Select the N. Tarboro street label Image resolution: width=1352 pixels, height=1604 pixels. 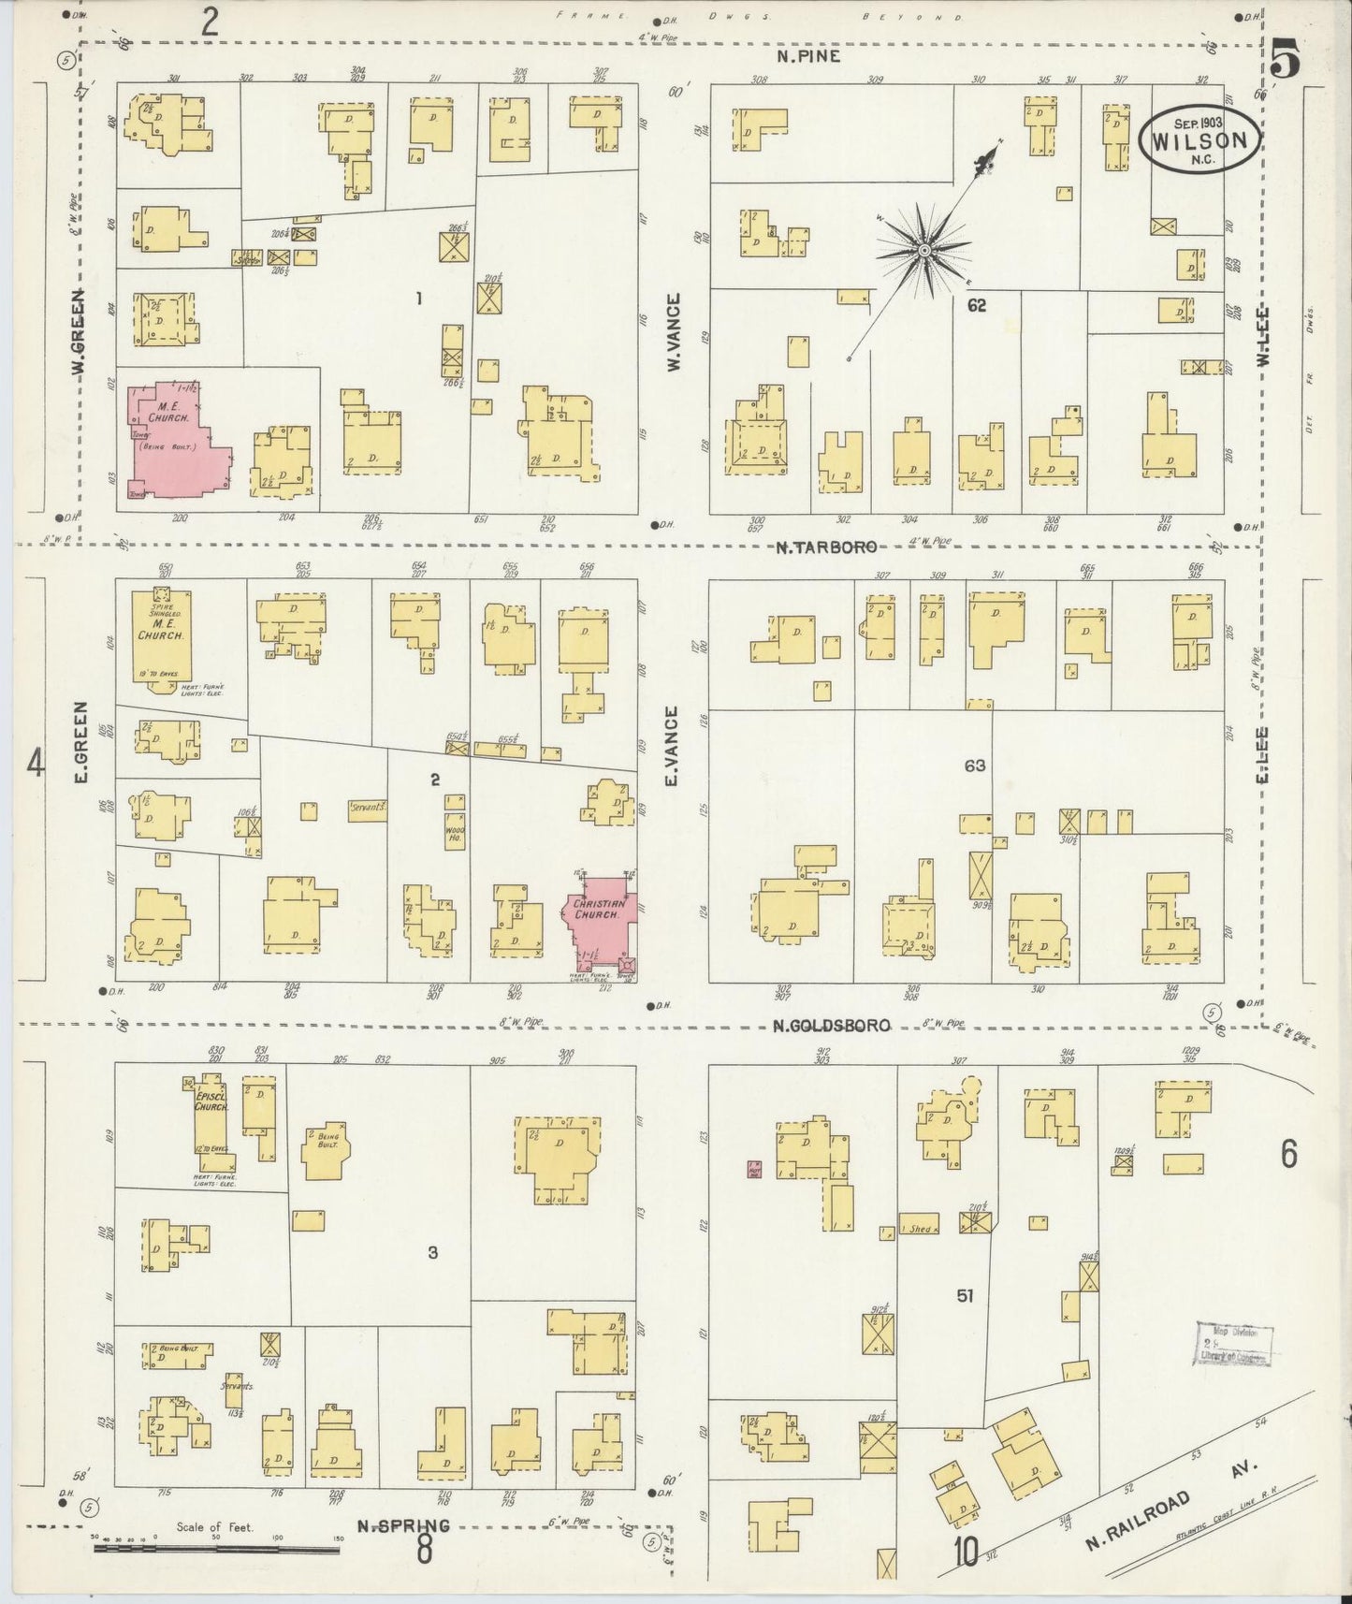click(825, 547)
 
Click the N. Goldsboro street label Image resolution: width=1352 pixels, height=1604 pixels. click(831, 1026)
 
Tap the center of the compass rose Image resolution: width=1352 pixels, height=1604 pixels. click(923, 250)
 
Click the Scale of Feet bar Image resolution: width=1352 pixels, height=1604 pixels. click(215, 1549)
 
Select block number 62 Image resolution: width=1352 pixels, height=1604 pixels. click(977, 306)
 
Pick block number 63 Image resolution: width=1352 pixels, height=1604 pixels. click(975, 766)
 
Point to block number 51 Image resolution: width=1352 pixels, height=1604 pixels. click(965, 1295)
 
